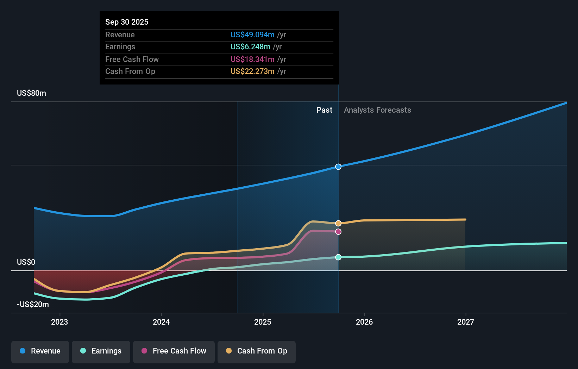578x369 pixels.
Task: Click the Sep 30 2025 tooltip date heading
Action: [x=127, y=22]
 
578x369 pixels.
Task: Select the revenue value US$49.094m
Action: [x=252, y=35]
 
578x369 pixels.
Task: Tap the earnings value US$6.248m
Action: [x=250, y=46]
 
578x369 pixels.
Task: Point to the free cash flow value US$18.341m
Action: [x=252, y=59]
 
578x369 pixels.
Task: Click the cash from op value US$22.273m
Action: [x=252, y=71]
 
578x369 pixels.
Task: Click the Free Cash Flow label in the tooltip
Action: [x=132, y=59]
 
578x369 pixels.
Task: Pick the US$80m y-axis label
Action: [x=31, y=93]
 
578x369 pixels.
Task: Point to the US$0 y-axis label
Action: [x=26, y=262]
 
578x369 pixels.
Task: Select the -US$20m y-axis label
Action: [x=33, y=304]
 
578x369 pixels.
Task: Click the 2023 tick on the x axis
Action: [x=59, y=322]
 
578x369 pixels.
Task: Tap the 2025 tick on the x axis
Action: [x=263, y=322]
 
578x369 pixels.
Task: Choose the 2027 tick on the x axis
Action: [x=465, y=322]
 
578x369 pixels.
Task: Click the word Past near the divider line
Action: [x=324, y=110]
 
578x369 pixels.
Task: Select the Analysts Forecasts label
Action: [x=377, y=110]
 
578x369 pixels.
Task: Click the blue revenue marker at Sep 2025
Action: [x=338, y=167]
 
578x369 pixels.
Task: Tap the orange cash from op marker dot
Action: [x=338, y=223]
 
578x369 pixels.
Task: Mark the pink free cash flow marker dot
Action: [x=338, y=232]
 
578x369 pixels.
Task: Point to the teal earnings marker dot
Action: [x=338, y=257]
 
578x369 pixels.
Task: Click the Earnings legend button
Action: [x=101, y=351]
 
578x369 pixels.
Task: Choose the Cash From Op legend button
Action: [x=256, y=351]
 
